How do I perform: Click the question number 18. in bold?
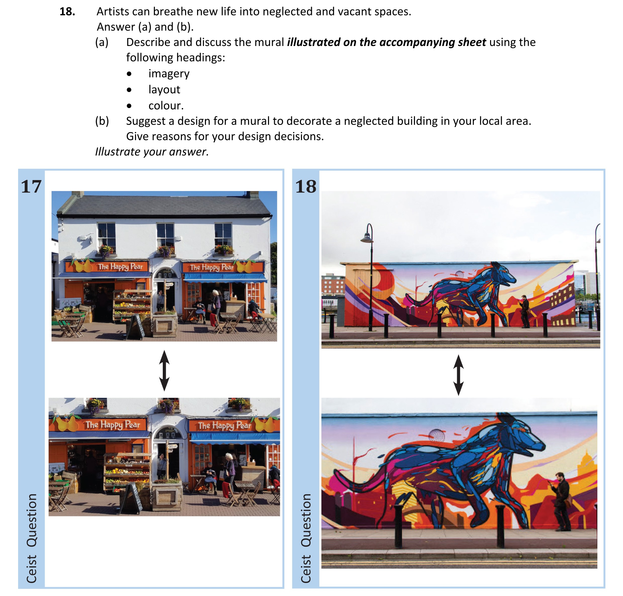[x=67, y=12]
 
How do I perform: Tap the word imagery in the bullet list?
[x=169, y=74]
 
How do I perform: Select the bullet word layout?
[x=164, y=90]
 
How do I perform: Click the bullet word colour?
[x=166, y=106]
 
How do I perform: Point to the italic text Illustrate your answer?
[x=152, y=152]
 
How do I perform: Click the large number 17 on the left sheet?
[x=31, y=187]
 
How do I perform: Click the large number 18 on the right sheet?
[x=306, y=187]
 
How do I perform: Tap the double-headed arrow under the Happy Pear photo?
[x=164, y=371]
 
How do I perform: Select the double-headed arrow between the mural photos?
[x=458, y=375]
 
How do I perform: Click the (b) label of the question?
[x=102, y=121]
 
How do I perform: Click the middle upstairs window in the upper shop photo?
[x=165, y=235]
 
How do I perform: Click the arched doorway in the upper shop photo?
[x=165, y=288]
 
